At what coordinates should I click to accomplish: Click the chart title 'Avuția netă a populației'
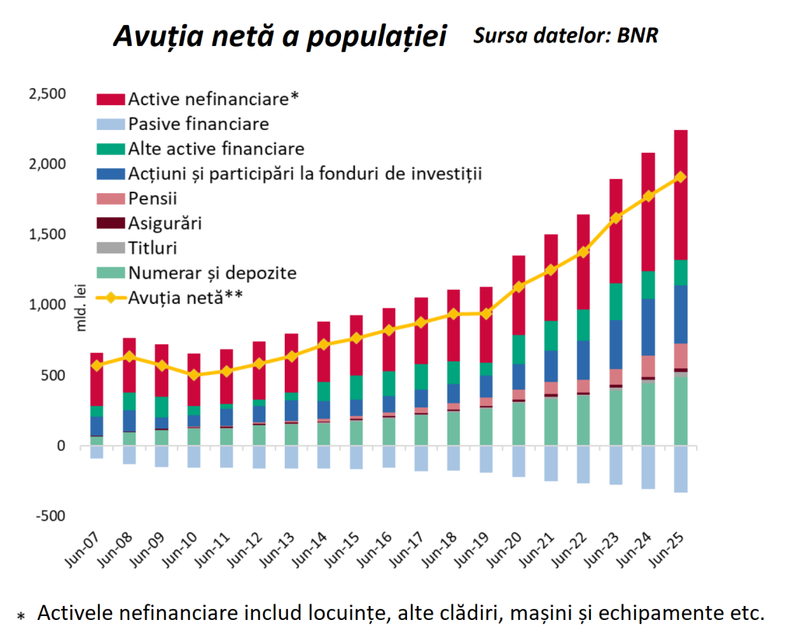(280, 37)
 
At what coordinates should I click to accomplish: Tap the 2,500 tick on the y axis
(48, 94)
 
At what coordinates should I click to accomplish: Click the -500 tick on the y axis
(51, 516)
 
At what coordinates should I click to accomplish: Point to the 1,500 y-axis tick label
(48, 234)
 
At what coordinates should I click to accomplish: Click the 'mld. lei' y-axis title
(82, 306)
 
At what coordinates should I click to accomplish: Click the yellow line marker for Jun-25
(680, 177)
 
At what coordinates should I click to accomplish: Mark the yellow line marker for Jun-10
(194, 375)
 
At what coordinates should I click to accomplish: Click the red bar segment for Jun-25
(680, 195)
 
